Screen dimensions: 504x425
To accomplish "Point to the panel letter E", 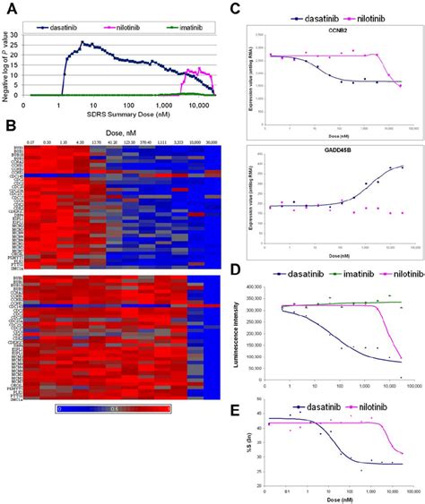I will coord(235,387).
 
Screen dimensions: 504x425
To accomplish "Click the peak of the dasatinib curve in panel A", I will coord(82,41).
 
